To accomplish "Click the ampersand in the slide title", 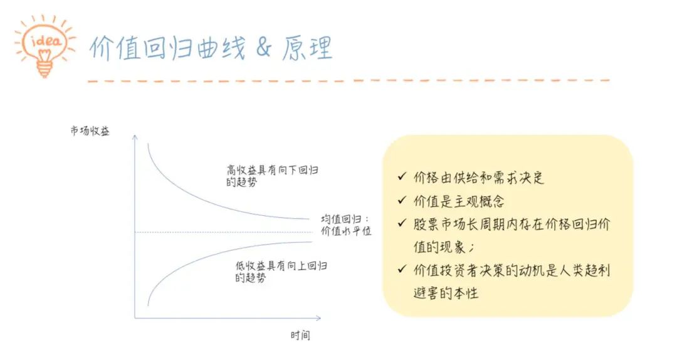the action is [263, 47].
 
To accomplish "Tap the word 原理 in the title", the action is [307, 48].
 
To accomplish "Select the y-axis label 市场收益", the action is [90, 130].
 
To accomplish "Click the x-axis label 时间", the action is [300, 335].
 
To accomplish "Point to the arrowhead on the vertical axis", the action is [135, 137].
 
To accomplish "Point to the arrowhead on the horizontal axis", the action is [318, 318].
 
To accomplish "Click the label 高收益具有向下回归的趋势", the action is [273, 176].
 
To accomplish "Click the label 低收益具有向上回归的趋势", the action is [281, 272].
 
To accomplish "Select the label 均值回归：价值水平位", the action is [346, 225].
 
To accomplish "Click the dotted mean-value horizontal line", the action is [224, 232].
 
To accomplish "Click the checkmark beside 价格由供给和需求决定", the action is [402, 176].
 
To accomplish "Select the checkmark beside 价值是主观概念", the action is [402, 199].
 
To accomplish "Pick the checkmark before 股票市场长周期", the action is [402, 223].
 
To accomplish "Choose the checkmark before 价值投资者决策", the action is [402, 269].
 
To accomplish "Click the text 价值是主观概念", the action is [459, 201].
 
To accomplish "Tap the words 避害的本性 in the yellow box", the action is [446, 293].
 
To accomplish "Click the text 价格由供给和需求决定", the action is [479, 177].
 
